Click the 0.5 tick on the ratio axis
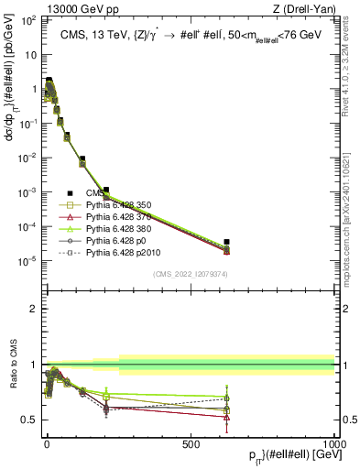(x=31, y=420)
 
